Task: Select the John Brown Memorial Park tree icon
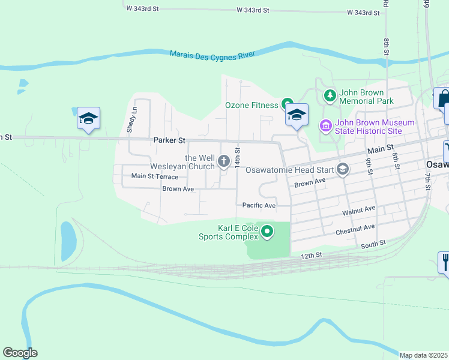330,95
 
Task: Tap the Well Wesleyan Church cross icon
224,161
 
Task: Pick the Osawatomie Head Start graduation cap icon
343,170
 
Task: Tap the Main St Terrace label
155,176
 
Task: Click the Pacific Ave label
259,205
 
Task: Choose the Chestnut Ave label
355,228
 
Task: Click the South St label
373,244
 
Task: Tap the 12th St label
311,255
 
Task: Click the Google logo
20,353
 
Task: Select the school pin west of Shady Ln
88,119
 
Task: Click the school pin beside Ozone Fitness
296,115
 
